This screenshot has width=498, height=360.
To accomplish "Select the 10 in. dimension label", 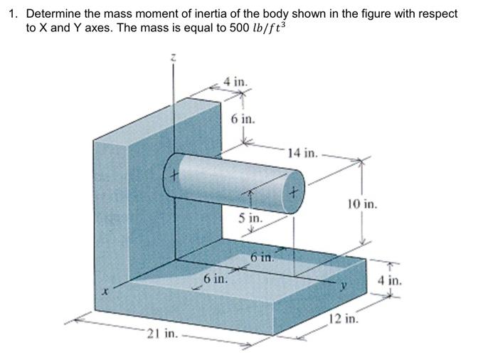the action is (x=363, y=205).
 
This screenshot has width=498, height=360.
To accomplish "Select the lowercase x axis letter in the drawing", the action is (x=105, y=290).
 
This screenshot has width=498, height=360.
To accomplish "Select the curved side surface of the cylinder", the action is (x=235, y=178).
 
